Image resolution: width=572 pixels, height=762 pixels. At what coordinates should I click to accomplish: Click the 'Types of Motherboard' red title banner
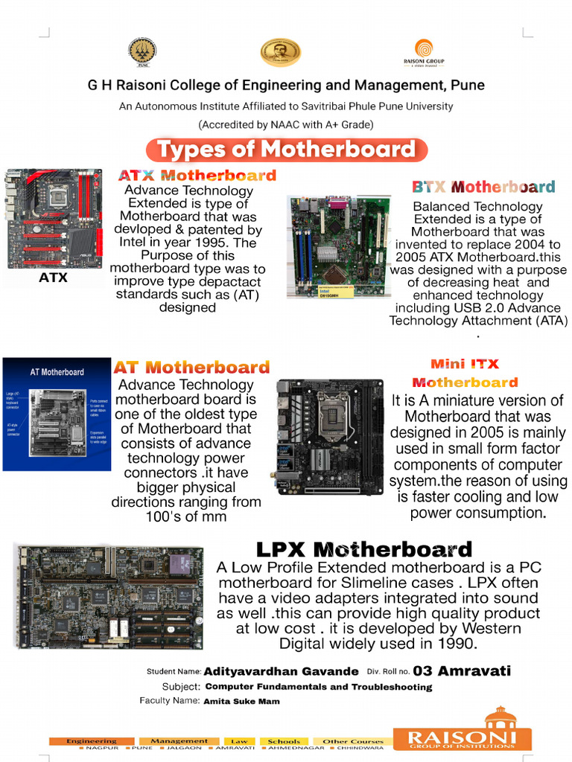point(287,150)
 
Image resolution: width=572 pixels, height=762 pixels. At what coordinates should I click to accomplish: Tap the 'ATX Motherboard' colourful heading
point(197,176)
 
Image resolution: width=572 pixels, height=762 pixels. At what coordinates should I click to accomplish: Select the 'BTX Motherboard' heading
point(483,187)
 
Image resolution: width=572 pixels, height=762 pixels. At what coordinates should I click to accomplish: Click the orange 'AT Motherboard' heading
point(191,367)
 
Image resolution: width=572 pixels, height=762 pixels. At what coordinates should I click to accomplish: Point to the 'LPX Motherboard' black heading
point(363,550)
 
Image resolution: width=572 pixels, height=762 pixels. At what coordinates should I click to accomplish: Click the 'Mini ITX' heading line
point(465,364)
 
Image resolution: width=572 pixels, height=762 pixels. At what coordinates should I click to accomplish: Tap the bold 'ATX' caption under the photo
point(53,278)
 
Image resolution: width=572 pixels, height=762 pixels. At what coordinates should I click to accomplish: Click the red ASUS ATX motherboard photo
point(55,218)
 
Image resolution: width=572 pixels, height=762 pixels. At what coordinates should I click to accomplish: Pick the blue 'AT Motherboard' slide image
point(57,414)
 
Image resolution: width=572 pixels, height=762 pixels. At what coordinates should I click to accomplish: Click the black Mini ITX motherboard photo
point(330,437)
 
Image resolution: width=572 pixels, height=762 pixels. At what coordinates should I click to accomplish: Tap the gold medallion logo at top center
point(280,52)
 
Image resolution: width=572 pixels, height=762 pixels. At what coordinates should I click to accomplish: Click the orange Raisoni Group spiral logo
point(423,49)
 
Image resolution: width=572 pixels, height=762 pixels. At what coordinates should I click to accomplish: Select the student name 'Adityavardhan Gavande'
point(281,671)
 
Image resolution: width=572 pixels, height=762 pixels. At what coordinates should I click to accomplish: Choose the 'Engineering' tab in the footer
point(92,741)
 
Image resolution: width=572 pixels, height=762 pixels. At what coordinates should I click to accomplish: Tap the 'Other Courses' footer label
point(353,741)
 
